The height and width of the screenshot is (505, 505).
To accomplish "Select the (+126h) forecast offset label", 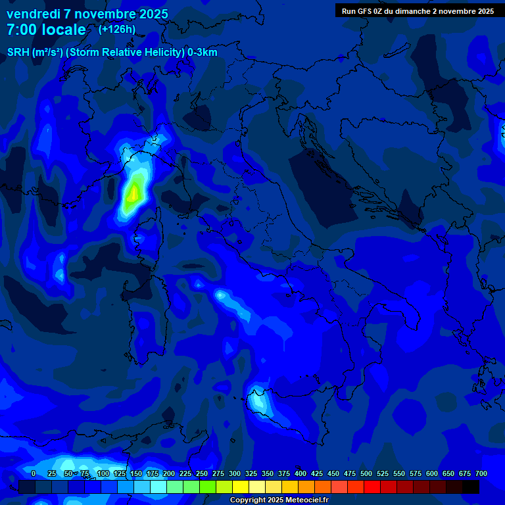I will coord(117,30).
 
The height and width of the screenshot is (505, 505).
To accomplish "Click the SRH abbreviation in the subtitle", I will coord(18,53).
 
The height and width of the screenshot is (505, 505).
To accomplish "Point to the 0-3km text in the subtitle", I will coord(203,53).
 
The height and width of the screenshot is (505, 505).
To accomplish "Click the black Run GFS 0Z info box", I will coord(418,11).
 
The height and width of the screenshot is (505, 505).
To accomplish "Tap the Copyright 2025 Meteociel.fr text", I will coord(279,500).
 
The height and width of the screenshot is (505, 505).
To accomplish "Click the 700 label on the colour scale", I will coord(481,473).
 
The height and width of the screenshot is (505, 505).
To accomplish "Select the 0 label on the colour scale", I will coord(34,473).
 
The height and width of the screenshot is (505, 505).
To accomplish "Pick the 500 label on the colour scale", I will coord(350,473).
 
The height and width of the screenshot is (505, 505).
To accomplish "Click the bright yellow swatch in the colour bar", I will coord(241,487).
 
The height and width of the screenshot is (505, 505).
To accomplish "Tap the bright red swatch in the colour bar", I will coord(372,487).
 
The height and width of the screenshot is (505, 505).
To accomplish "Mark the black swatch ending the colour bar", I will coord(471,487).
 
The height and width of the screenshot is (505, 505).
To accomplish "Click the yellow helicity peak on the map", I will coord(133,193).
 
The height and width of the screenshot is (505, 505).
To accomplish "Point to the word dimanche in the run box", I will coord(414,11).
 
